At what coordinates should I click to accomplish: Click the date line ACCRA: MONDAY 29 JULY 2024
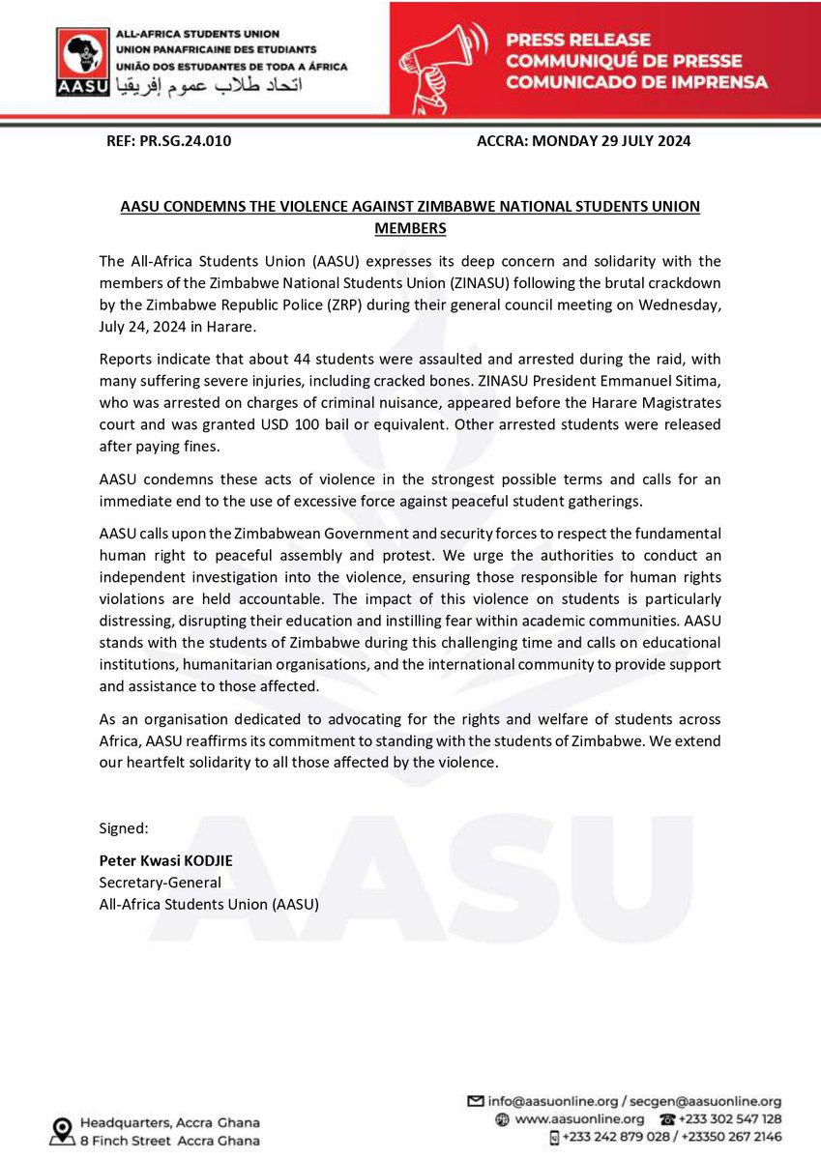tap(583, 141)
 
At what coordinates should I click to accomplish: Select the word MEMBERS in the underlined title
tap(409, 228)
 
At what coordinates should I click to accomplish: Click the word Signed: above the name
tap(123, 829)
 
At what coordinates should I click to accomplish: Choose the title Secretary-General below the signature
tap(160, 883)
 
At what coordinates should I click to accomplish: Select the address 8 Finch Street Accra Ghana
tap(169, 1140)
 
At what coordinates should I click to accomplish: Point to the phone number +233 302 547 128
tap(728, 1119)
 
